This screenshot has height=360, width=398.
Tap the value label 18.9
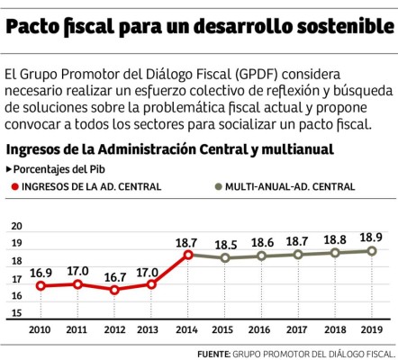(x=371, y=237)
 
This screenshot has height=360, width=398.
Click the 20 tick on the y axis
(x=16, y=227)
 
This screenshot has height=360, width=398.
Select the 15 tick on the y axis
(x=16, y=312)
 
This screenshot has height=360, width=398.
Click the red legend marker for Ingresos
(x=16, y=187)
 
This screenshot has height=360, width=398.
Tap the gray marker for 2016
(x=262, y=256)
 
